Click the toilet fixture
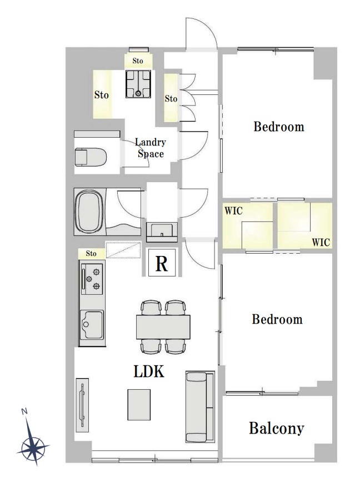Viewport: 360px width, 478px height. (91, 157)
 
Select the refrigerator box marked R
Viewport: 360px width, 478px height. (162, 263)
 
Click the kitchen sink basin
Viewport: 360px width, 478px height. (92, 324)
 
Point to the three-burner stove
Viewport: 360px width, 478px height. (92, 279)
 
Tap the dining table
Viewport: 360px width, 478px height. (163, 327)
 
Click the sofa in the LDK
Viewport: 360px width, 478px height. (200, 407)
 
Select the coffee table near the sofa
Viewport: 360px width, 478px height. (139, 404)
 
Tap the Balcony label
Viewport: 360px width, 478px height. (277, 428)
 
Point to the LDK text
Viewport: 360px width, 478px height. (149, 371)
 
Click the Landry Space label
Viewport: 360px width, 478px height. (151, 148)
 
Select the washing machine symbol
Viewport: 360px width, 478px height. (138, 84)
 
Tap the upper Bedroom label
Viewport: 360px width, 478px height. (279, 127)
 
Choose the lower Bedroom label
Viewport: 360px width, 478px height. (277, 319)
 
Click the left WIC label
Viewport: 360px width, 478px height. (233, 210)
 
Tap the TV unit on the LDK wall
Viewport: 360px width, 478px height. (82, 405)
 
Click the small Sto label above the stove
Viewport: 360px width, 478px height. (91, 254)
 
